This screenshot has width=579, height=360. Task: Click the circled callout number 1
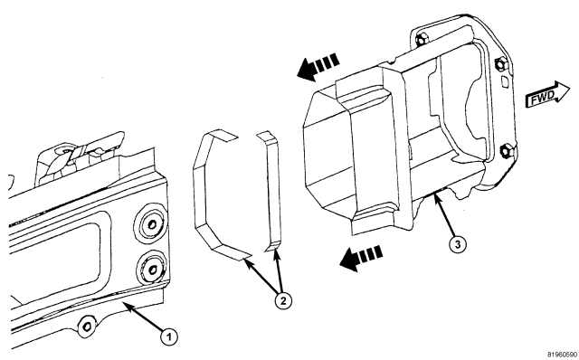click(169, 336)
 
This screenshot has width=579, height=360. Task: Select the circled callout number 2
click(283, 301)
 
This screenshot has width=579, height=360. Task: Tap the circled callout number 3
click(457, 244)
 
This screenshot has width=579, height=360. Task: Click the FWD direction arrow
click(547, 95)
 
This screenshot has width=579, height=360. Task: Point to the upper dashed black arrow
click(318, 67)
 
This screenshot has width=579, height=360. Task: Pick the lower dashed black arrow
click(361, 259)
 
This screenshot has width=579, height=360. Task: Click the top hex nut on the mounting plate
click(422, 38)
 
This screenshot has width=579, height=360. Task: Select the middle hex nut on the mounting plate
click(501, 64)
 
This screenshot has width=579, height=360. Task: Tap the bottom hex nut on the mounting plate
click(506, 151)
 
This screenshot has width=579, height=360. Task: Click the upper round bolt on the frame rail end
click(151, 223)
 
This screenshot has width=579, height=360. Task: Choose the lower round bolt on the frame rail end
click(152, 270)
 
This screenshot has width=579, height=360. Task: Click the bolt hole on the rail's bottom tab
click(87, 327)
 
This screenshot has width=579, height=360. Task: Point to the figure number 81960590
click(563, 355)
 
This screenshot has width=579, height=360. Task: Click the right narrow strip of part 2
click(273, 192)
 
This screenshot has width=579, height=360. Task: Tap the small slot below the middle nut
click(503, 81)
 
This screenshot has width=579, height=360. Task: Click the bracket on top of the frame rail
click(80, 156)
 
